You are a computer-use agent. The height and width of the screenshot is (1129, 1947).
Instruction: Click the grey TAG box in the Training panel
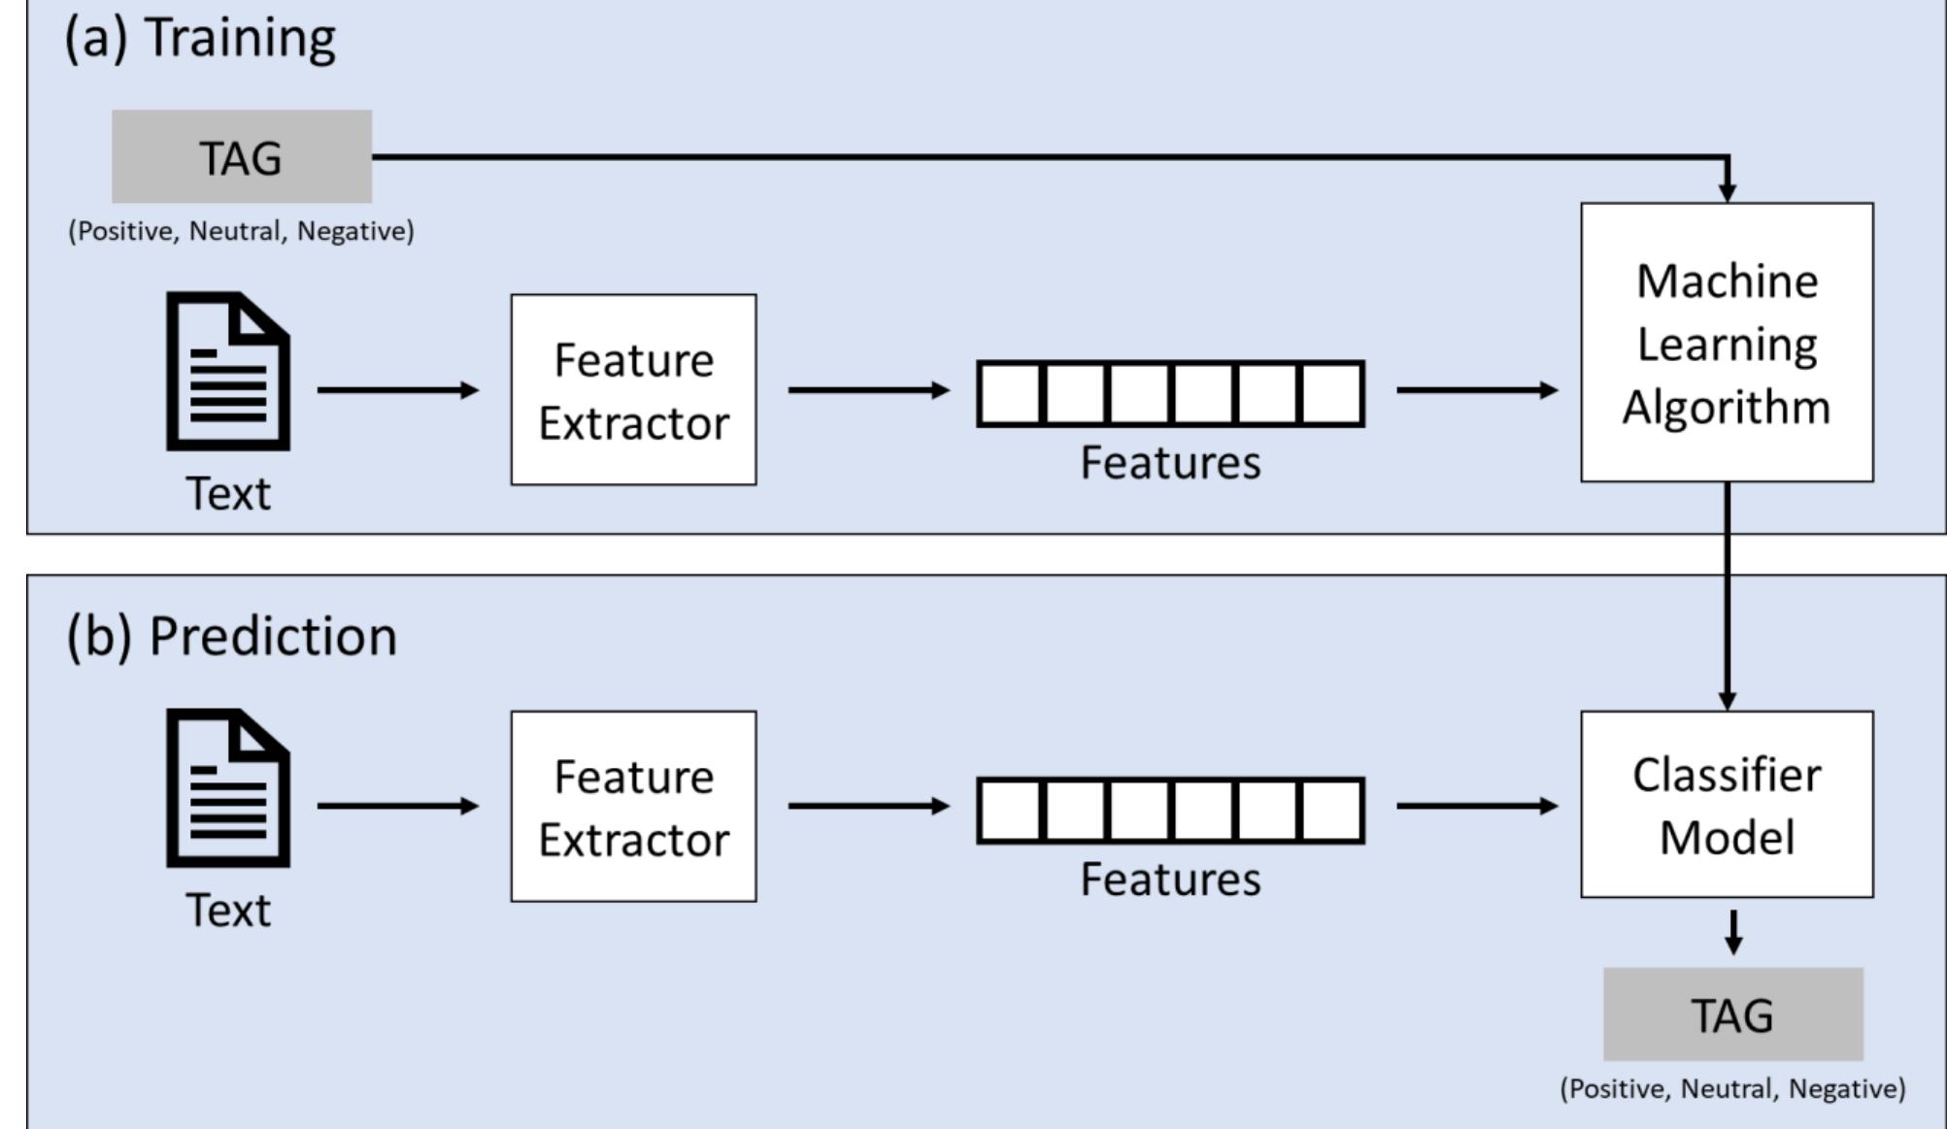tap(241, 156)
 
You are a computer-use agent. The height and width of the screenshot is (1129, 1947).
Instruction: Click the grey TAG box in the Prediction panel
tap(1732, 1014)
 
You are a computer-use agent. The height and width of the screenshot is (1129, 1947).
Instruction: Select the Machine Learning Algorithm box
tap(1727, 343)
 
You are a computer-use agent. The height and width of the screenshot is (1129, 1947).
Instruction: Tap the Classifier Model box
tap(1727, 804)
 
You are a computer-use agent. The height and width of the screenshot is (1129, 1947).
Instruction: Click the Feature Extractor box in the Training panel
tap(633, 390)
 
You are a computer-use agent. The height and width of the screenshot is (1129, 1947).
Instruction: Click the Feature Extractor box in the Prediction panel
tap(633, 807)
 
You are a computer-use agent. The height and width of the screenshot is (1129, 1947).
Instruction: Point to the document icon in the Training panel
tap(228, 371)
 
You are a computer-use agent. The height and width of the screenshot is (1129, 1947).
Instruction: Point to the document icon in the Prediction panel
tap(228, 787)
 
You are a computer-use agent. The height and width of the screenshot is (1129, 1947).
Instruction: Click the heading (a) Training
tap(200, 39)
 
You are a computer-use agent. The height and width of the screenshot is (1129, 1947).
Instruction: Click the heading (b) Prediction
tap(231, 637)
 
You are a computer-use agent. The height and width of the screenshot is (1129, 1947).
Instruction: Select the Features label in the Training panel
tap(1170, 462)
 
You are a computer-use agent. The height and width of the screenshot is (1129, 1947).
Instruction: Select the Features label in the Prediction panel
tap(1170, 880)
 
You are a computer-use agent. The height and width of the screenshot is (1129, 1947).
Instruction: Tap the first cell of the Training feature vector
tap(1010, 394)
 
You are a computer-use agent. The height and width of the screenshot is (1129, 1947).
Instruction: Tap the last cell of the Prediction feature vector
tap(1331, 811)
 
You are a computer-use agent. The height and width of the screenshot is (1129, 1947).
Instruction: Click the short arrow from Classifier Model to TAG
tap(1733, 932)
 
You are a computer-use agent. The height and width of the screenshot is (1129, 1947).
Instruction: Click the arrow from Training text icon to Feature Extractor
tap(397, 390)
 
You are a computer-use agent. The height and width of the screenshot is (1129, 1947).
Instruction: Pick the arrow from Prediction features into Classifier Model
tap(1476, 806)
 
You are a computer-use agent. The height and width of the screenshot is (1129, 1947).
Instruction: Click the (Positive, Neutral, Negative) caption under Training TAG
tap(241, 231)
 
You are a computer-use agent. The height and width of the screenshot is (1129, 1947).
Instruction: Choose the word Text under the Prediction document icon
tap(228, 911)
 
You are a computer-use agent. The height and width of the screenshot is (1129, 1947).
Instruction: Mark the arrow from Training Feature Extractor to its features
tap(868, 390)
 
